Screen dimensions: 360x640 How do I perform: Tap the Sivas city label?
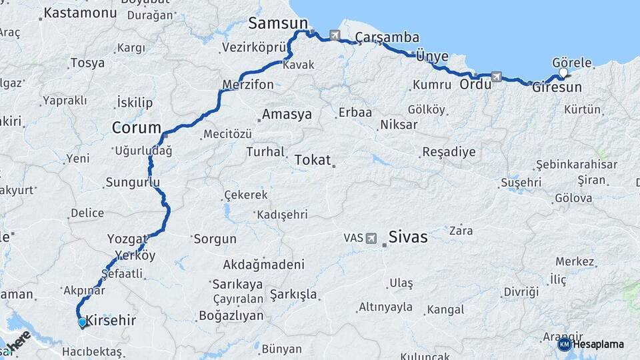(408, 237)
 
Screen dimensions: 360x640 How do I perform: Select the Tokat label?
(312, 160)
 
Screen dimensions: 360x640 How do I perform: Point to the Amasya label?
(287, 115)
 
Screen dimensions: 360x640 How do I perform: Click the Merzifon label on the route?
(248, 85)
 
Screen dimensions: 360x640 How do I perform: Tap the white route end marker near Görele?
(563, 73)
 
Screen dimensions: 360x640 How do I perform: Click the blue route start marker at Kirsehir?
(82, 323)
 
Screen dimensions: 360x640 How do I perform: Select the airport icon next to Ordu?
(496, 77)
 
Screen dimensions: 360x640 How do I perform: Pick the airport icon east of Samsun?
(334, 35)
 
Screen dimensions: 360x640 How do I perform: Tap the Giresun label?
(557, 87)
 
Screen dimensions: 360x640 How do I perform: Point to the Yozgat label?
(127, 239)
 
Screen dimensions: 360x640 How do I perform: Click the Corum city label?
(137, 127)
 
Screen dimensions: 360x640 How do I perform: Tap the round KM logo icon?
(564, 344)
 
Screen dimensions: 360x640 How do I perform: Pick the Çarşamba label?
(387, 37)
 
